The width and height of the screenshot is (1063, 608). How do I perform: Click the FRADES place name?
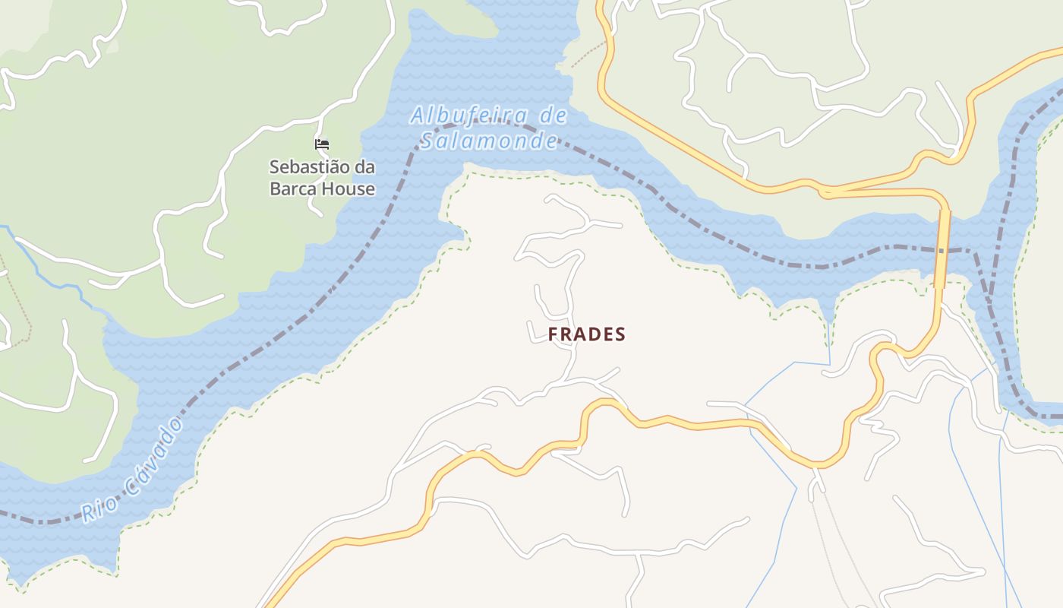coord(587,334)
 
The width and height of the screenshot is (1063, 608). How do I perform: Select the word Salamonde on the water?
coord(490,141)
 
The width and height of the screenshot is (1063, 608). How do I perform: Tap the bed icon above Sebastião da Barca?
coord(322,144)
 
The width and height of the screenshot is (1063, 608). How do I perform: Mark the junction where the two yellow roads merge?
coord(824,190)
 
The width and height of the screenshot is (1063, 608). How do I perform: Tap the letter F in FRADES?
coord(554,334)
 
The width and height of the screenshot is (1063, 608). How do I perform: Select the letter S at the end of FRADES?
coord(620,334)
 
